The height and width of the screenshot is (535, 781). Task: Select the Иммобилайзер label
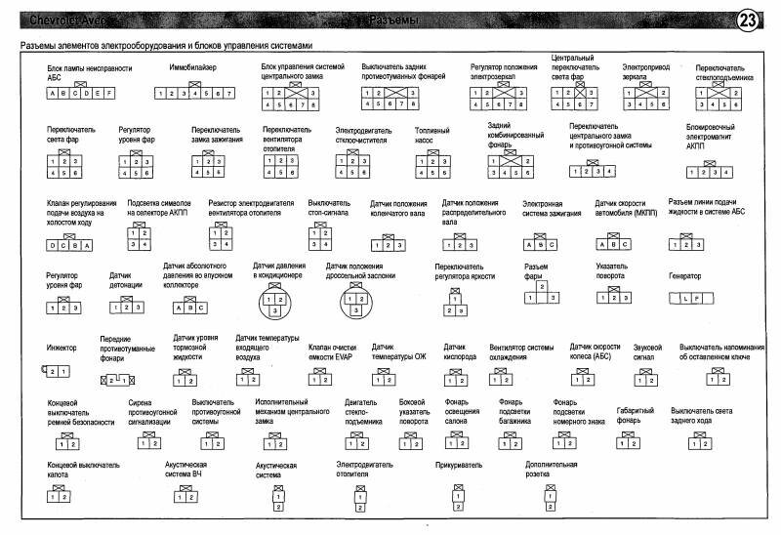[192, 67]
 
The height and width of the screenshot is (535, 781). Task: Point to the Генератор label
[684, 276]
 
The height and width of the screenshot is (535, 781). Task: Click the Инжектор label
[62, 348]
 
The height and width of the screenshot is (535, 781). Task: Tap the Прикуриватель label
[456, 466]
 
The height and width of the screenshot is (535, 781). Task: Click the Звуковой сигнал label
[646, 351]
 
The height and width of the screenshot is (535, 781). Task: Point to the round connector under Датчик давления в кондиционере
[276, 304]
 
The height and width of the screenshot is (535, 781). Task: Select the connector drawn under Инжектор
[57, 371]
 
